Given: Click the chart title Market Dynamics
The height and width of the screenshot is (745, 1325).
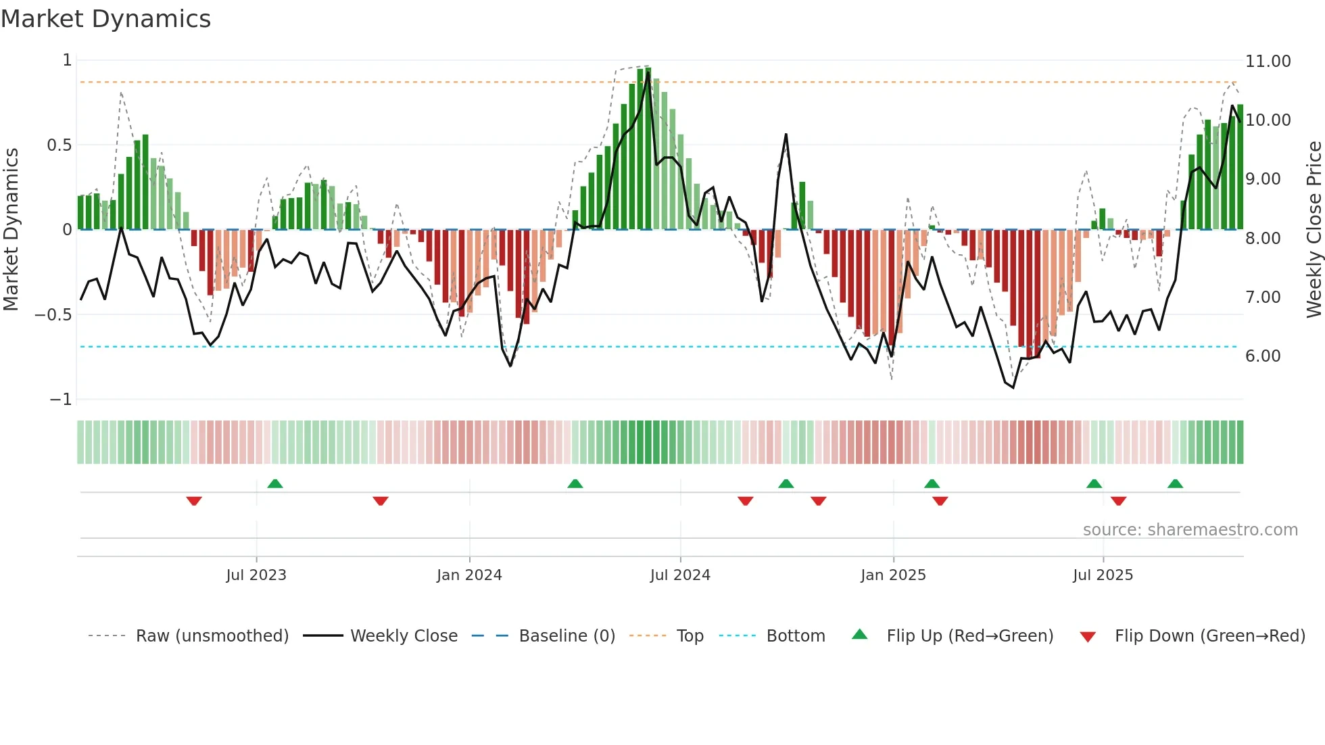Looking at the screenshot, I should pyautogui.click(x=105, y=19).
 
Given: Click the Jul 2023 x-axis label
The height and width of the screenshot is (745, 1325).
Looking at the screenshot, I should pyautogui.click(x=256, y=575).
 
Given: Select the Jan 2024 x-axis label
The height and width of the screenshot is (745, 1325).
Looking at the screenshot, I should pyautogui.click(x=469, y=575).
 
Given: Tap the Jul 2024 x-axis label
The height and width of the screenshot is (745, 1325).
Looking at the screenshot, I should pyautogui.click(x=680, y=575).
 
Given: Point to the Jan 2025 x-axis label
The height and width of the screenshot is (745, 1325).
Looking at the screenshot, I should pyautogui.click(x=893, y=575).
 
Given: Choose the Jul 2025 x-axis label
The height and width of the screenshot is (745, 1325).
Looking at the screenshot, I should pyautogui.click(x=1103, y=575).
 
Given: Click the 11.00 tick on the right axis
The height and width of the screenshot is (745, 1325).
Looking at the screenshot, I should pyautogui.click(x=1268, y=62).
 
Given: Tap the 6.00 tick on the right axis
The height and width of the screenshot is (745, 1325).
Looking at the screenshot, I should pyautogui.click(x=1263, y=356).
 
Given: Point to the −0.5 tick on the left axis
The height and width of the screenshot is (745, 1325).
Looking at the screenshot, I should pyautogui.click(x=53, y=315).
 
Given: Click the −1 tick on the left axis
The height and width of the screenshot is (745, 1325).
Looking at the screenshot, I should pyautogui.click(x=61, y=400).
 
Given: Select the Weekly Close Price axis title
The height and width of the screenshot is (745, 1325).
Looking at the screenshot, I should pyautogui.click(x=1314, y=230).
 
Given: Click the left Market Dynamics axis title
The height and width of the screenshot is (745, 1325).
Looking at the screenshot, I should pyautogui.click(x=11, y=230).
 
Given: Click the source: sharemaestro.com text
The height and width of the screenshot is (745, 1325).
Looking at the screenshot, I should pyautogui.click(x=1190, y=530).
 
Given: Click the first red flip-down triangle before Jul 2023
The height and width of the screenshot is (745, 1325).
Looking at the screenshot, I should pyautogui.click(x=194, y=501).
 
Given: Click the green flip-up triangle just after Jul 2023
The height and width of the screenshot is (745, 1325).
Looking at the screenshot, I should pyautogui.click(x=275, y=483).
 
